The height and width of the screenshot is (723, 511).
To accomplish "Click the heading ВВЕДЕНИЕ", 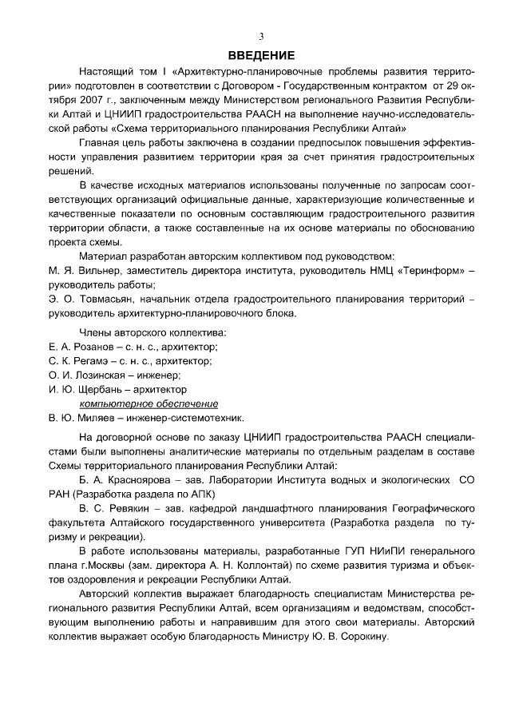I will [x=261, y=55].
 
